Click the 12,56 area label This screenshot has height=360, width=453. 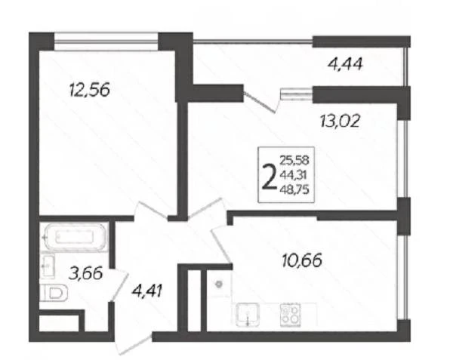(90, 90)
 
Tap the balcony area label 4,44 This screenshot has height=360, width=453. (345, 64)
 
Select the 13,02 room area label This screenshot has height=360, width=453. (341, 121)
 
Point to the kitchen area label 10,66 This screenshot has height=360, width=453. (302, 261)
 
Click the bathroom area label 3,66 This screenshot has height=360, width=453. (86, 273)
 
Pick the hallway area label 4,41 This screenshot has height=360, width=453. (146, 291)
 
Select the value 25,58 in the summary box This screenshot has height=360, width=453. (294, 160)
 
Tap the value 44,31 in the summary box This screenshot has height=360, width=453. (293, 174)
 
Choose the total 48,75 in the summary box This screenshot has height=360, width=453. (294, 189)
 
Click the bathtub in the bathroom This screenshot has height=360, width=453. (75, 237)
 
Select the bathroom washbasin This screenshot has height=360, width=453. (47, 266)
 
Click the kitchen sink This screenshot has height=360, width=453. (248, 315)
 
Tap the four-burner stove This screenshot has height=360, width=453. (291, 315)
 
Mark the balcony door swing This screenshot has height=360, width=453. (259, 103)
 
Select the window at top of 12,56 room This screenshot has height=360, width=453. (106, 42)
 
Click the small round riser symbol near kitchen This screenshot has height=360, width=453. (219, 284)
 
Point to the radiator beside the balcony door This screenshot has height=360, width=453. (297, 94)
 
